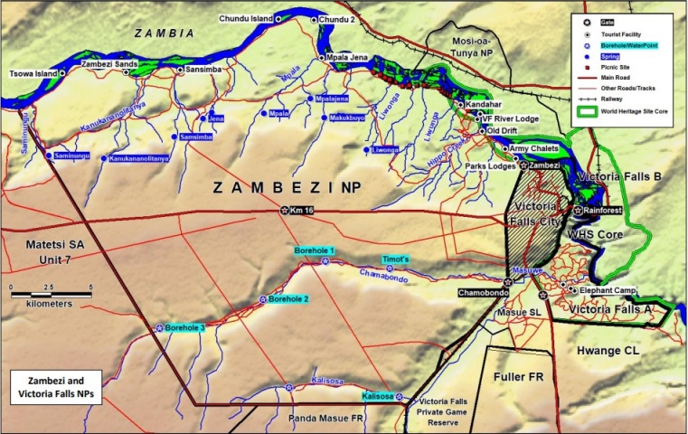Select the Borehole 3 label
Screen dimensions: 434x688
184,327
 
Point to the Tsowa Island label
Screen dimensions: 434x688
33,72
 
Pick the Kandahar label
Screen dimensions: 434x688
485,105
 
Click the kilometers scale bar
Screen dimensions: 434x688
50,293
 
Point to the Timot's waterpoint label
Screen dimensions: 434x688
395,259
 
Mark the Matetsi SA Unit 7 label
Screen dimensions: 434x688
41,251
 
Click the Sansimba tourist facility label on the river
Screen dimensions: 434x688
204,69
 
